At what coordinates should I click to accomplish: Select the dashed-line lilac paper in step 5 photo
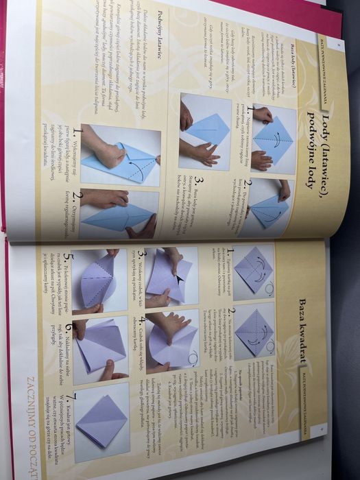pos(99,278)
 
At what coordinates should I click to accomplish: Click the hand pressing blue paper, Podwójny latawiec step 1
pos(110,154)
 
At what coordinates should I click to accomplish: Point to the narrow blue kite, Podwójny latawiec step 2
pos(113,217)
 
